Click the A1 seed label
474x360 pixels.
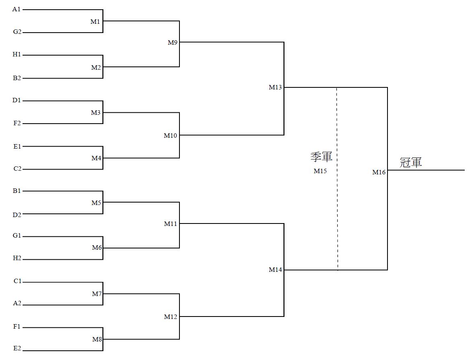pyautogui.click(x=16, y=9)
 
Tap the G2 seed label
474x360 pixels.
pyautogui.click(x=17, y=31)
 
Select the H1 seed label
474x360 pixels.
pyautogui.click(x=16, y=54)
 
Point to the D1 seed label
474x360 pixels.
pyautogui.click(x=16, y=100)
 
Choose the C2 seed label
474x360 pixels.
pyautogui.click(x=17, y=169)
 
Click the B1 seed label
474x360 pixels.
pyautogui.click(x=16, y=191)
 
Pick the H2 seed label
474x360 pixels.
pyautogui.click(x=17, y=258)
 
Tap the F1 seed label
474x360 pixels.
pyautogui.click(x=16, y=327)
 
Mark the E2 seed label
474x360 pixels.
pyautogui.click(x=17, y=348)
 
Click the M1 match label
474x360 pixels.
pyautogui.click(x=95, y=21)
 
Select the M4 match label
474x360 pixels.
pyautogui.click(x=96, y=158)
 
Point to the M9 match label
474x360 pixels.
pyautogui.click(x=173, y=42)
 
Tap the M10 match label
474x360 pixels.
pyautogui.click(x=170, y=136)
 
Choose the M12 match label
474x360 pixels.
pyautogui.click(x=170, y=317)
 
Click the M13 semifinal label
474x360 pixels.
pyautogui.click(x=275, y=87)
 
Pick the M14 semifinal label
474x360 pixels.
pyautogui.click(x=275, y=270)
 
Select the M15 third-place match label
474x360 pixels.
pyautogui.click(x=320, y=171)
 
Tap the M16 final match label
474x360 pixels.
pyautogui.click(x=379, y=172)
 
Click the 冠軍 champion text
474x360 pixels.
pyautogui.click(x=411, y=162)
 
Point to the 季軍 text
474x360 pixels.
pyautogui.click(x=321, y=157)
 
